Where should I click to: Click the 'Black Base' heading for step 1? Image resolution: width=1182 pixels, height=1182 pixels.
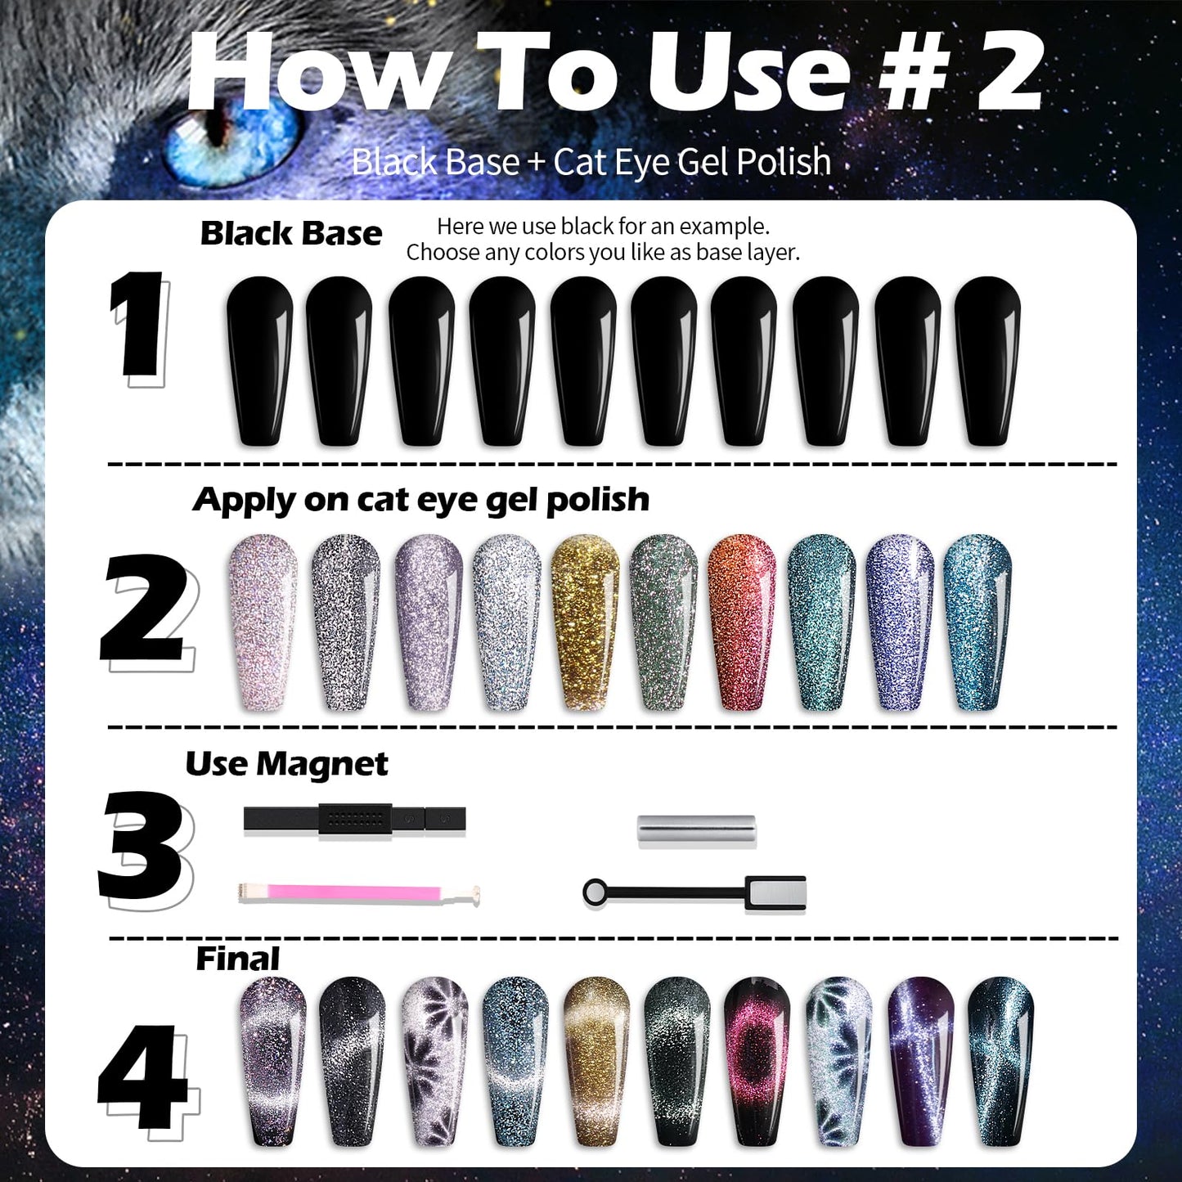[291, 234]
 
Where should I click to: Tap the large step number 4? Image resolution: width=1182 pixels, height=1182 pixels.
[144, 1076]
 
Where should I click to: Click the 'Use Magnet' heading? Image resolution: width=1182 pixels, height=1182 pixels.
[286, 764]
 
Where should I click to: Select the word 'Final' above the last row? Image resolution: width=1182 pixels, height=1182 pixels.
[237, 959]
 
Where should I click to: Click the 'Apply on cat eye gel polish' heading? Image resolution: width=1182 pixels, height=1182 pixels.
[421, 500]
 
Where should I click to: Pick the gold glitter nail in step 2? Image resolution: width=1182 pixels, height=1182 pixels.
[585, 622]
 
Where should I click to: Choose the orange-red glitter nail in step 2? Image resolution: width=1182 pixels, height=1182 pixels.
[742, 622]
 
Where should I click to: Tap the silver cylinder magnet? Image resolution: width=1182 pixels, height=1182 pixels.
[696, 830]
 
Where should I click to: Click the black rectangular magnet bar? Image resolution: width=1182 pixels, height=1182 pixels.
[354, 820]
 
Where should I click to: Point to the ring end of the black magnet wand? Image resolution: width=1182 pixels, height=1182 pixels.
[595, 892]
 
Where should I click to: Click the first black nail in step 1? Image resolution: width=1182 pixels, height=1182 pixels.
[259, 360]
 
